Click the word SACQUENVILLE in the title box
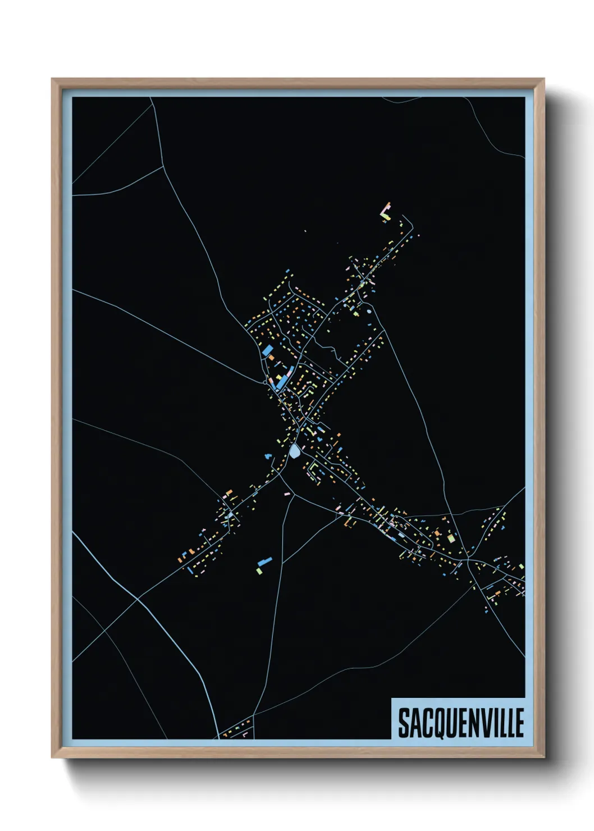tap(460, 722)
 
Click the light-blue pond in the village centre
tap(294, 451)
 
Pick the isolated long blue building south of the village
tap(264, 561)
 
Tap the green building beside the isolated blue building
tap(259, 570)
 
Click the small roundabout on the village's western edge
tap(265, 382)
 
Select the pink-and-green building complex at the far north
tap(386, 212)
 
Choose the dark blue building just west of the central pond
tap(268, 456)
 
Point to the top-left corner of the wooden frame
tap(53, 80)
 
